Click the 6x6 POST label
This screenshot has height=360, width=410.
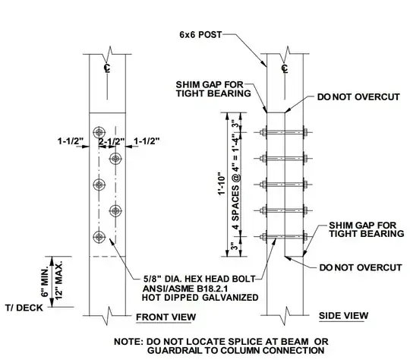point(200,34)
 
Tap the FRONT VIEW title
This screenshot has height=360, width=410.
point(166,317)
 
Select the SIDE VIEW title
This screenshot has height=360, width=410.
point(343,315)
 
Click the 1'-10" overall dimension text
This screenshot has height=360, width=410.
point(222,183)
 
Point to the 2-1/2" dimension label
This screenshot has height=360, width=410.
point(112,141)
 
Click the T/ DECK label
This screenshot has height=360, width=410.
point(24,308)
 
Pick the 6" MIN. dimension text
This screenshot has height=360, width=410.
point(45,282)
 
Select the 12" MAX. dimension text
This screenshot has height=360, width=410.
point(59,280)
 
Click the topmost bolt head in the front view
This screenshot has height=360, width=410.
point(99,132)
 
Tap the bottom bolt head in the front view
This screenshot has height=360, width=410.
point(99,237)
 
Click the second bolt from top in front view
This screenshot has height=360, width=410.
point(115,159)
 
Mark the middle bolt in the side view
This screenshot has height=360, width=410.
point(284,185)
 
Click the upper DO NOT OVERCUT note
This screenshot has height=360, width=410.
point(358,96)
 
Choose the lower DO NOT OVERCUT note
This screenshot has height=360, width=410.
point(361,267)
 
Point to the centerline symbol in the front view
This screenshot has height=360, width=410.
point(107,68)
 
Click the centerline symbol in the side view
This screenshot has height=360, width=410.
point(285,68)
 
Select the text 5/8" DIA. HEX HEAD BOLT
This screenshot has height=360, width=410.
point(199,279)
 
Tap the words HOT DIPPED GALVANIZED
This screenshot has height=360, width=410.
point(200,298)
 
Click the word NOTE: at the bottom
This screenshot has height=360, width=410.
point(128,342)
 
